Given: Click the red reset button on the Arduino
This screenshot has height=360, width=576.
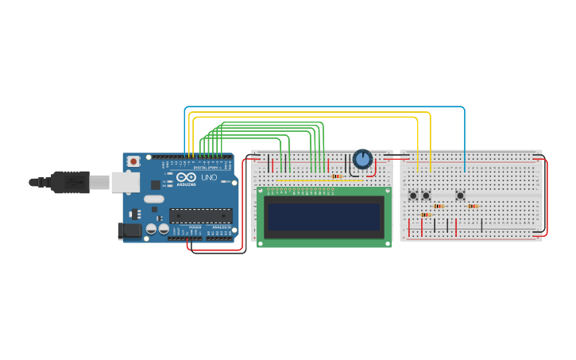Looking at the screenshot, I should [x=133, y=161].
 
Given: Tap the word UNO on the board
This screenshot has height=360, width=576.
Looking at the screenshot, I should [x=209, y=178].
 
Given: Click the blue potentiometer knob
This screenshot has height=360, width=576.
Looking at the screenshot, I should [x=362, y=159].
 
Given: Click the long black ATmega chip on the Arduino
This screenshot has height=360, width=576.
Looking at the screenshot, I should [x=200, y=215].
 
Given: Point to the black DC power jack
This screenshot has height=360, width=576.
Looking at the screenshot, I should [x=130, y=230].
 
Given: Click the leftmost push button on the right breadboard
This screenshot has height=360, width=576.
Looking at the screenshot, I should [x=413, y=195].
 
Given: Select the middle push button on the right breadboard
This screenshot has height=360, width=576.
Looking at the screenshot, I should [x=426, y=195].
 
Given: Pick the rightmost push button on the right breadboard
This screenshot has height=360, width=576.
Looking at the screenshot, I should [x=460, y=195].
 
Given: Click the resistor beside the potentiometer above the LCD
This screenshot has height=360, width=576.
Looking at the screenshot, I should [x=337, y=176].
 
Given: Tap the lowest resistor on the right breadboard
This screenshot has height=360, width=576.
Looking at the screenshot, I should [x=426, y=215].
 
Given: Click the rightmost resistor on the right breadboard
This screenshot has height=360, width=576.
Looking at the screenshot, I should [x=473, y=206].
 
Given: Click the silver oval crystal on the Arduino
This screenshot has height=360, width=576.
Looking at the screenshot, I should [x=154, y=199].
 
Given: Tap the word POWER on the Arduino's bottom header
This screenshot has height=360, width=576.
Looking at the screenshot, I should [x=195, y=227].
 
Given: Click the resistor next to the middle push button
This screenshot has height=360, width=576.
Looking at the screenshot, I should [x=439, y=206].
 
